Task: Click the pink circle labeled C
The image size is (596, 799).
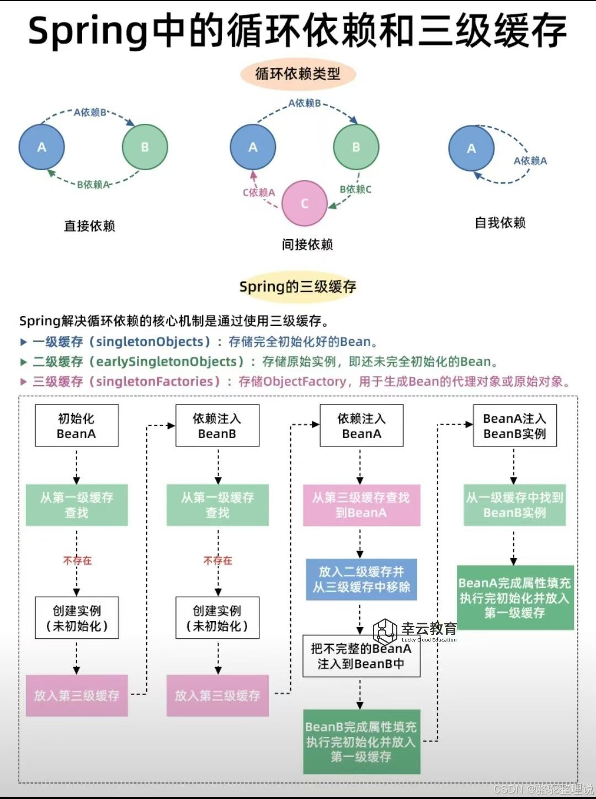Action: [x=304, y=203]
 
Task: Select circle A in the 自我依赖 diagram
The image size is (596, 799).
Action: [x=471, y=148]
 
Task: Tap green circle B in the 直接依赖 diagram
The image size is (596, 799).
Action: [x=145, y=147]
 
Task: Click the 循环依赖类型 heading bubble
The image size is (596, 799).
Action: [x=298, y=74]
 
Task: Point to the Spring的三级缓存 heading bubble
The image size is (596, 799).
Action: [x=298, y=287]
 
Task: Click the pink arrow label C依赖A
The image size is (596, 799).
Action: [x=258, y=192]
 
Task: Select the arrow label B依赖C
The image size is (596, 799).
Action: [x=355, y=189]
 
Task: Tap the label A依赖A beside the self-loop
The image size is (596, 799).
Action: [x=530, y=161]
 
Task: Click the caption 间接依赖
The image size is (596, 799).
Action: [x=307, y=244]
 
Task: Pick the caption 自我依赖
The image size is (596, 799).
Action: [x=500, y=223]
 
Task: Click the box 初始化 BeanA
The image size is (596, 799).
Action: [x=77, y=426]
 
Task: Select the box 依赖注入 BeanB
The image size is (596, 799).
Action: [x=217, y=426]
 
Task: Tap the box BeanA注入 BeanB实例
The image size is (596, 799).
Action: [x=514, y=426]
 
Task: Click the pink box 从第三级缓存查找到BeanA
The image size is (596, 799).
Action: [x=361, y=505]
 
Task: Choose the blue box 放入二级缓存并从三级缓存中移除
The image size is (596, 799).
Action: [x=361, y=579]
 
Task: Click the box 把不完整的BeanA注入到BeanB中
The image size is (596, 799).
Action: [x=361, y=656]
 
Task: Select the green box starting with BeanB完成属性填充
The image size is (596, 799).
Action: [x=361, y=742]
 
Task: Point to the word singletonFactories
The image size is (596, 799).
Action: [x=155, y=381]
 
